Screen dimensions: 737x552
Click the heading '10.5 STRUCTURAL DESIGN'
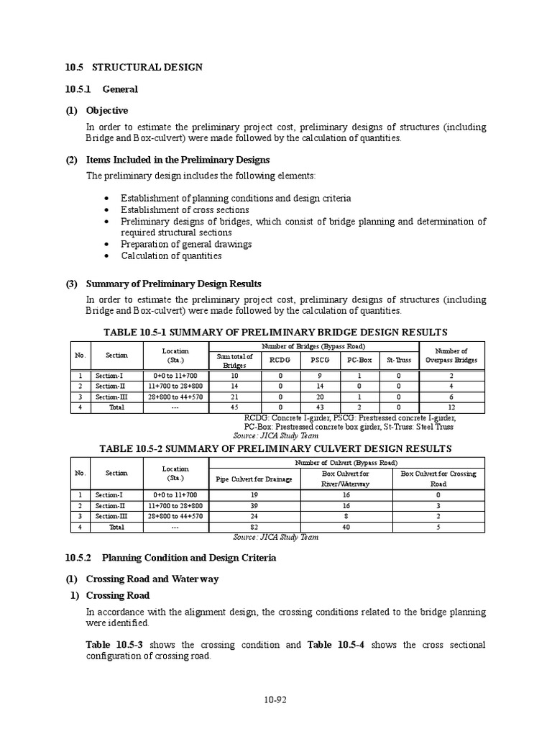coord(134,67)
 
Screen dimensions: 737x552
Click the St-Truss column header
coord(399,360)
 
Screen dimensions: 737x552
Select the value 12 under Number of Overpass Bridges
coord(450,407)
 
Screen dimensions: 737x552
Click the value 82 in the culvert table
coord(254,527)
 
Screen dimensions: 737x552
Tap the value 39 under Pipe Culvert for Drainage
coord(254,505)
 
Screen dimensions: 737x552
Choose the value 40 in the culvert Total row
coord(346,527)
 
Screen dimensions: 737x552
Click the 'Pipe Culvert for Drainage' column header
coord(254,479)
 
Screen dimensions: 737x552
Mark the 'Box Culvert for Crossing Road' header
coord(438,479)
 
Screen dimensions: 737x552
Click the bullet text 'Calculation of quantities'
coord(171,256)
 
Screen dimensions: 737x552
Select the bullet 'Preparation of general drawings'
coord(186,244)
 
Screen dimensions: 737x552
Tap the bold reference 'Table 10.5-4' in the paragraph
coord(336,645)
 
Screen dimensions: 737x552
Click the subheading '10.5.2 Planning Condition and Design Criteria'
coord(170,558)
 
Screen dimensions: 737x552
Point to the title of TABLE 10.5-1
coord(275,332)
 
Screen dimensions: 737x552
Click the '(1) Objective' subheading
coord(97,110)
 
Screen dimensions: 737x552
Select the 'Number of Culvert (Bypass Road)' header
coord(346,462)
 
